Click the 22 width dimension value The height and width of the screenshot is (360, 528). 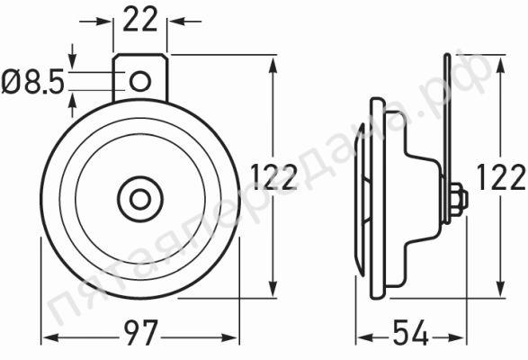(140, 19)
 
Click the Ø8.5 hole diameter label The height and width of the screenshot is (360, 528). (32, 82)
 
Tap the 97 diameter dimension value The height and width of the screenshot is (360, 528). (140, 332)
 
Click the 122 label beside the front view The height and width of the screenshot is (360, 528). (273, 176)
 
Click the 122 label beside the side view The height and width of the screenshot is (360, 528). (501, 176)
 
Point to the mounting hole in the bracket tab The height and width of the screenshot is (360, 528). (140, 81)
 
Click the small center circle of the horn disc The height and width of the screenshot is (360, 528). (140, 199)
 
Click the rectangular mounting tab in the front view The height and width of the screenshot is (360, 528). (140, 77)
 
